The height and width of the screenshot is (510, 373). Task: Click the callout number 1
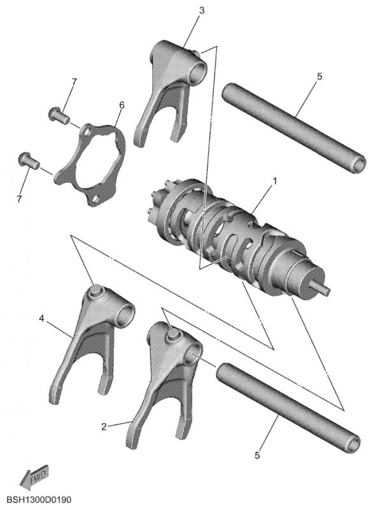pos(275,181)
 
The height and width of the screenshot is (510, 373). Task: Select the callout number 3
pos(202,10)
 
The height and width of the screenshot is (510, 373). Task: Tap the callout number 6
pos(122,105)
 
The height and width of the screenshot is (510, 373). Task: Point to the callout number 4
pos(41,318)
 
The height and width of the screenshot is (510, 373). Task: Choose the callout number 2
pos(104,426)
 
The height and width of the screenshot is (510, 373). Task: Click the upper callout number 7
pos(74,82)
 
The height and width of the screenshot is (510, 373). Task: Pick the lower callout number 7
pos(20,198)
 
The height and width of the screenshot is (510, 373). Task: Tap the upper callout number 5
pos(320,76)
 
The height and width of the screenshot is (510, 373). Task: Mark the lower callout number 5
pos(257,455)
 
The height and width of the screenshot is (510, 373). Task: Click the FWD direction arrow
pos(34,477)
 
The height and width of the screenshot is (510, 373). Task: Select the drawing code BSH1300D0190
pos(39,499)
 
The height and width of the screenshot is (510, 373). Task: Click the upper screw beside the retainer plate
pos(59,115)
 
